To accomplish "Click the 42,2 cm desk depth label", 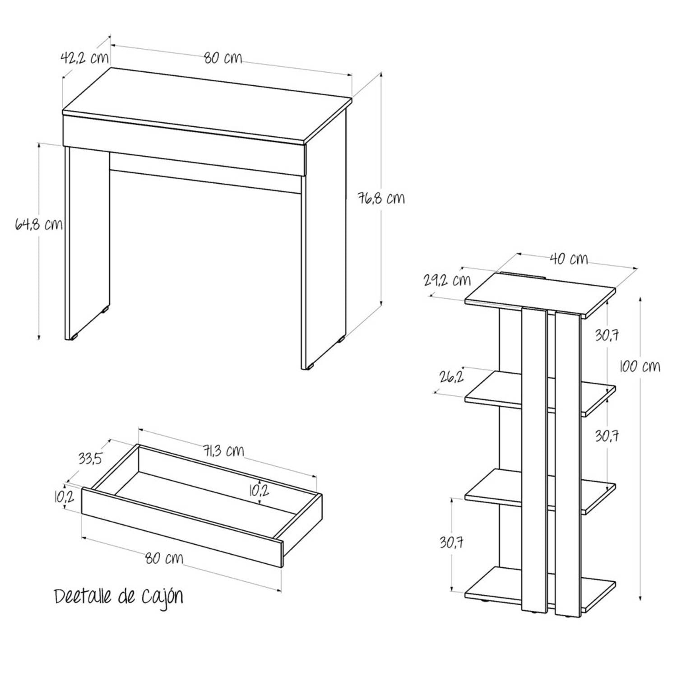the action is [x=84, y=58].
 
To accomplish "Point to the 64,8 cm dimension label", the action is [x=39, y=224].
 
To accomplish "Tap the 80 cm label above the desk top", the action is [x=223, y=58].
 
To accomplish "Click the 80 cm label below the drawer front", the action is [x=164, y=558].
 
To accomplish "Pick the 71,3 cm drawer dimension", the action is [x=223, y=450].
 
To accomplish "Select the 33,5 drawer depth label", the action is [x=90, y=458].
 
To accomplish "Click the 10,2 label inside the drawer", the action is [x=259, y=491].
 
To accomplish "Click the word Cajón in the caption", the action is [x=162, y=597].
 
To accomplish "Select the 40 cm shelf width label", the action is [x=569, y=259].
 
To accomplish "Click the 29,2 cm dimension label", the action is [x=447, y=280].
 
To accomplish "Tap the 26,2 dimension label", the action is [x=452, y=376].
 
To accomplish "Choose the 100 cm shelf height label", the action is [x=640, y=366].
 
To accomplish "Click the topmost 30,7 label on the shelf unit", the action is [x=607, y=335].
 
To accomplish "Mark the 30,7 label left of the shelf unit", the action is [x=452, y=542].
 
